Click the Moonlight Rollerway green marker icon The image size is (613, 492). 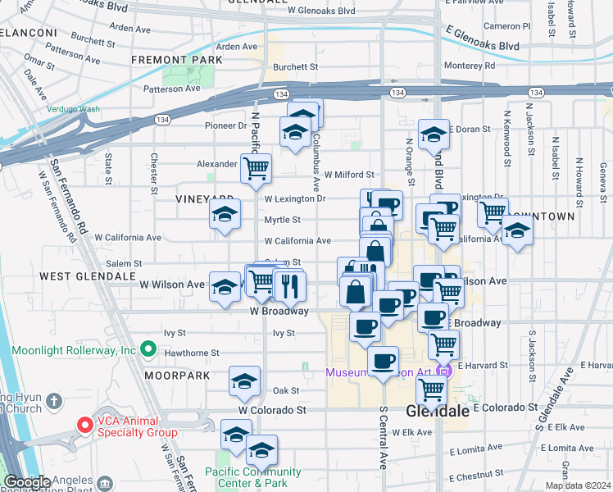click(148, 350)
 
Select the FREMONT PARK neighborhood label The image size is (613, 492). click(177, 60)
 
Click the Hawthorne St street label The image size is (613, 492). click(191, 353)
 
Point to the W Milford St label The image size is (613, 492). click(348, 175)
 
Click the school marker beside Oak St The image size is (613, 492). click(243, 382)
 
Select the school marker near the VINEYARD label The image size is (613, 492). click(223, 216)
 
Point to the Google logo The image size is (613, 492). click(26, 482)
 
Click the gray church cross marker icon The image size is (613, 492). click(54, 401)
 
